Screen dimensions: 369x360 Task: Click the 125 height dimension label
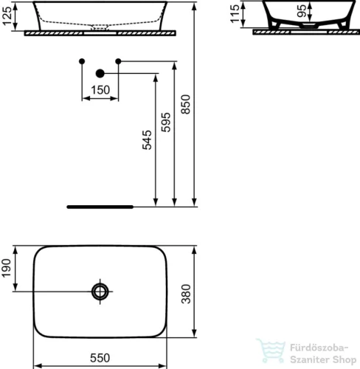tap(8, 15)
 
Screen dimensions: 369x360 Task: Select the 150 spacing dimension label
tap(100, 89)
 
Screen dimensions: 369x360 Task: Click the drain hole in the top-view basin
tap(100, 291)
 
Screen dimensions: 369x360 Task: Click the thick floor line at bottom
tap(100, 207)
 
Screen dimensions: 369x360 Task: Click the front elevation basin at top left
tap(99, 15)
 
